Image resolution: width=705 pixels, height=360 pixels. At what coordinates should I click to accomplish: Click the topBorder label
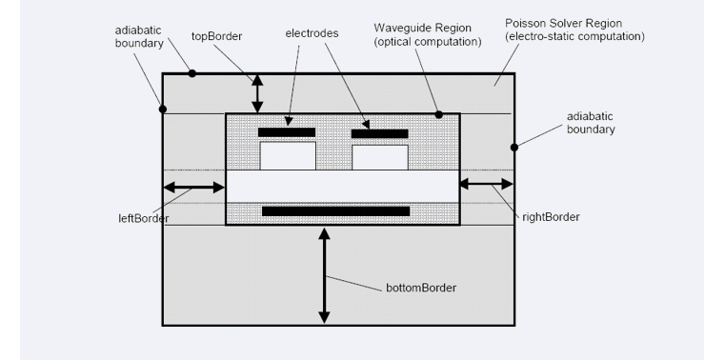(x=216, y=36)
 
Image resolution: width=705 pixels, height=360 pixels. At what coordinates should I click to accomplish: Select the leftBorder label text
(x=144, y=218)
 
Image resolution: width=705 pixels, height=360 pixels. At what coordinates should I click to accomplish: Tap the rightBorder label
(x=551, y=217)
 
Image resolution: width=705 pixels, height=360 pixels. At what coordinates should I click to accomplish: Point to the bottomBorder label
(x=421, y=288)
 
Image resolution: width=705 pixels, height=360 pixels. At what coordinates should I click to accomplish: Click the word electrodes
(x=312, y=33)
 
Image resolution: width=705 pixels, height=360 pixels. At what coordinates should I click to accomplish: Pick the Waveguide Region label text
(x=428, y=34)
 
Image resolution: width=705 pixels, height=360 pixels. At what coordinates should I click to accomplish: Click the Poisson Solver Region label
(x=574, y=30)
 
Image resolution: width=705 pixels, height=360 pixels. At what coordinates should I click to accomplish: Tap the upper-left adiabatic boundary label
(x=139, y=37)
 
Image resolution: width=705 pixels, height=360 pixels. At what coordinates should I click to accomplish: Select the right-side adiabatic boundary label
(x=591, y=123)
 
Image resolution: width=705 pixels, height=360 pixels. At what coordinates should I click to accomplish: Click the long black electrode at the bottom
(x=336, y=211)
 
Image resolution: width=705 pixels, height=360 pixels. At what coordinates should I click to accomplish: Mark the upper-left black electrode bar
(x=287, y=132)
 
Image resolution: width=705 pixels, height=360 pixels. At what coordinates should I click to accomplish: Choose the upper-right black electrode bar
(x=379, y=134)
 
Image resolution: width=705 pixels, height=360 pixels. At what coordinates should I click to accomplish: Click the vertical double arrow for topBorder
(x=257, y=94)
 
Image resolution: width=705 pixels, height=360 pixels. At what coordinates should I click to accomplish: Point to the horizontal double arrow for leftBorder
(x=193, y=188)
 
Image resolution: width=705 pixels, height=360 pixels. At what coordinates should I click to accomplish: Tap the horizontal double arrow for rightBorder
(x=486, y=184)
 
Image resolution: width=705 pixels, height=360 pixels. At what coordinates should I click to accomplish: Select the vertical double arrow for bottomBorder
(x=324, y=275)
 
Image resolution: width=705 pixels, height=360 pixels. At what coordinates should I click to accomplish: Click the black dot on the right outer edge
(x=514, y=147)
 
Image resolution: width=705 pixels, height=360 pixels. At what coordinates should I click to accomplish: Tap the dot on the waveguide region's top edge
(x=439, y=114)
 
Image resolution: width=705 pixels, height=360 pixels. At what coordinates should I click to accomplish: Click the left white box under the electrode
(x=288, y=156)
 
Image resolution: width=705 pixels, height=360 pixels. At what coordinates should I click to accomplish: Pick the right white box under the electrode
(x=380, y=157)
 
